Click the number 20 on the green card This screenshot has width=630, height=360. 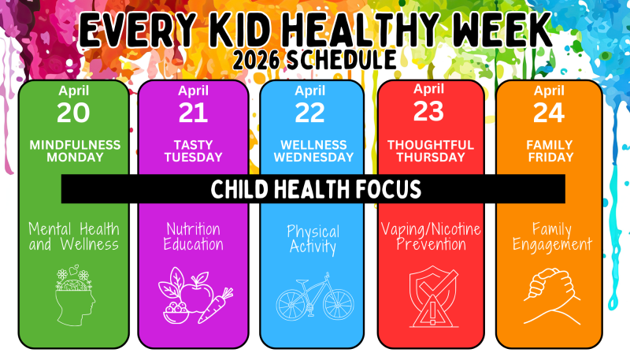click(x=72, y=113)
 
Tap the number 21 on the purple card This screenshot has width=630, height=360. click(x=193, y=113)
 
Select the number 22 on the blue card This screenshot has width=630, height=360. click(x=310, y=113)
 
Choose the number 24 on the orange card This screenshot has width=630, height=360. click(x=548, y=113)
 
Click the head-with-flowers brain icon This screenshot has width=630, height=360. click(x=74, y=291)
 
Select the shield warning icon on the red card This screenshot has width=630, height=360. click(x=428, y=295)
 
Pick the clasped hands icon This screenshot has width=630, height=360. click(x=549, y=291)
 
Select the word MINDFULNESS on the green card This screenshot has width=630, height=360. click(x=75, y=145)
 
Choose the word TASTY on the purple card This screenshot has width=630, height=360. click(x=193, y=145)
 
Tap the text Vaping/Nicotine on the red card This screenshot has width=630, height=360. click(x=431, y=229)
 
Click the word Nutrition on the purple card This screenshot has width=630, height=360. click(x=194, y=229)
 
